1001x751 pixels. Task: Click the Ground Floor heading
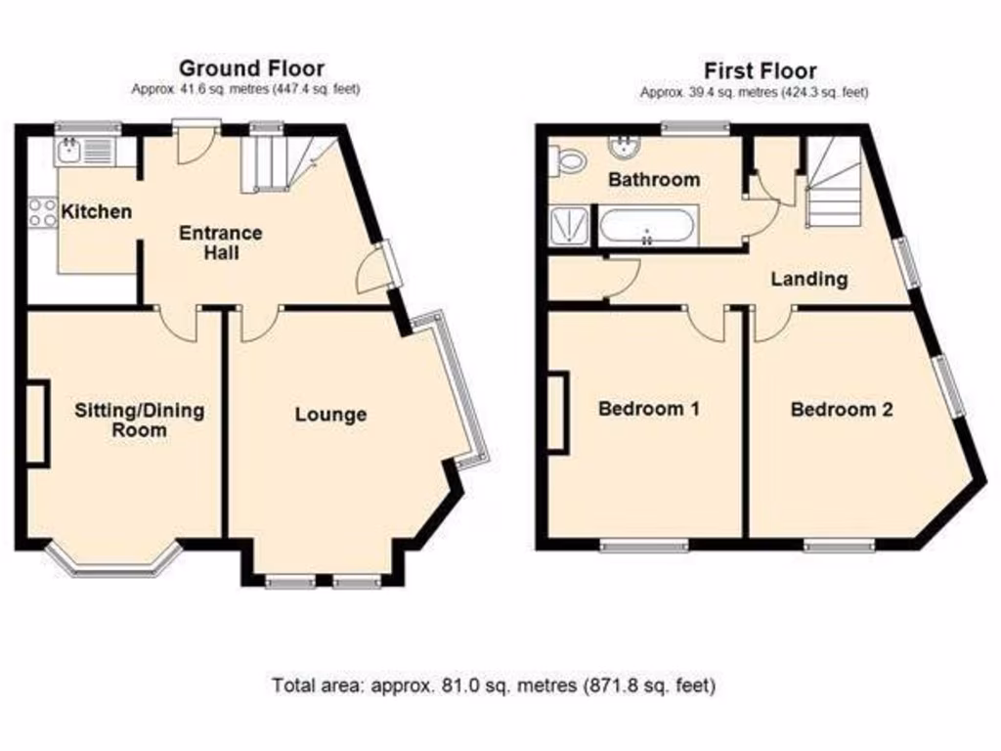point(251,68)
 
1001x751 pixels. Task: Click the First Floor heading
point(761,70)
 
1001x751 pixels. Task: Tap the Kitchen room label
point(96,211)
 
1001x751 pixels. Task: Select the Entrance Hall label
point(220,243)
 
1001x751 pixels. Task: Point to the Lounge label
point(330,415)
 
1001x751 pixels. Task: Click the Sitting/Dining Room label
point(140,420)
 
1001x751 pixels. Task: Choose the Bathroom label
point(654,179)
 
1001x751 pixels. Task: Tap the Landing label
point(808,279)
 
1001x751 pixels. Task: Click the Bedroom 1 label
point(648,409)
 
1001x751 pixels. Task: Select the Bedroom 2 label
point(841,409)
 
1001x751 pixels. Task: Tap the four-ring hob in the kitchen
point(43,212)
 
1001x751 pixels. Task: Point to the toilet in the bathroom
point(566,160)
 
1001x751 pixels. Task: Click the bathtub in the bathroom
point(646,229)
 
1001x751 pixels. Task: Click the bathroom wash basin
point(622,148)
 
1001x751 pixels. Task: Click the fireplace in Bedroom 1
point(557,412)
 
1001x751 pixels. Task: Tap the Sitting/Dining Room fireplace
point(36,422)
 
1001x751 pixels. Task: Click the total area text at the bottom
point(494,685)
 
